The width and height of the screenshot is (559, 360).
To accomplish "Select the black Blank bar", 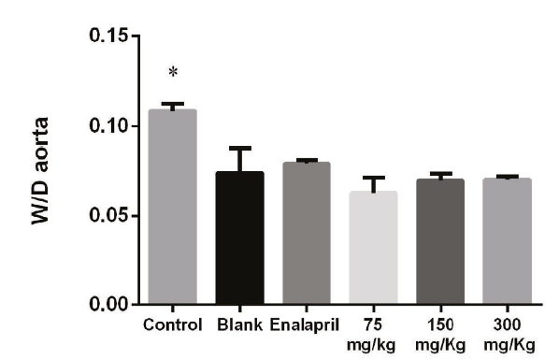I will coord(239,238).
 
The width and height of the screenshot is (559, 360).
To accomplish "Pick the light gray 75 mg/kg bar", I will coord(373,248).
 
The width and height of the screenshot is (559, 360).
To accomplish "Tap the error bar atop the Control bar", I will coord(172,105).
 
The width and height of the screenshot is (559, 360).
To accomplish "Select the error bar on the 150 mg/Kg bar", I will coord(440,174).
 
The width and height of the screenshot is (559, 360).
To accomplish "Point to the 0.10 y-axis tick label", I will coord(108,126).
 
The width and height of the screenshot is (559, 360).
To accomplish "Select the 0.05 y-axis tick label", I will coord(108,215).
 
